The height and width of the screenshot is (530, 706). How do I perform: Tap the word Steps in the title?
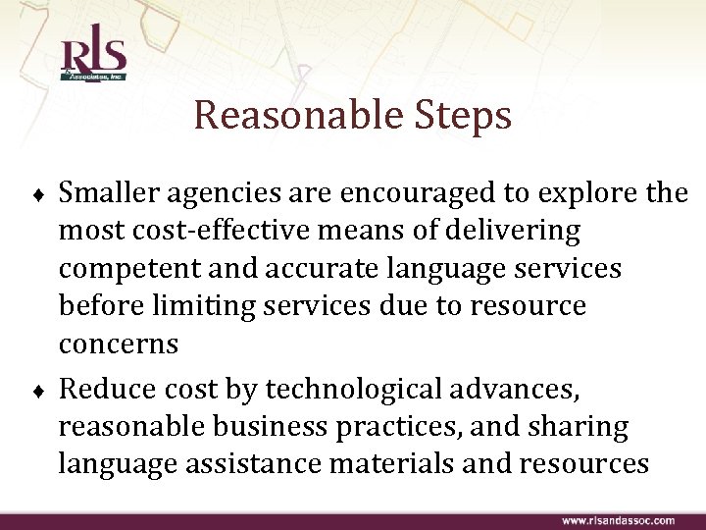(x=457, y=116)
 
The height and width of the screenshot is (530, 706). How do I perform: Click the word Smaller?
(x=114, y=193)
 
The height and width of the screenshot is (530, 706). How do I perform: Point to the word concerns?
(x=118, y=344)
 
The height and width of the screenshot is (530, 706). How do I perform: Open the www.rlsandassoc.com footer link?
(x=618, y=520)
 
